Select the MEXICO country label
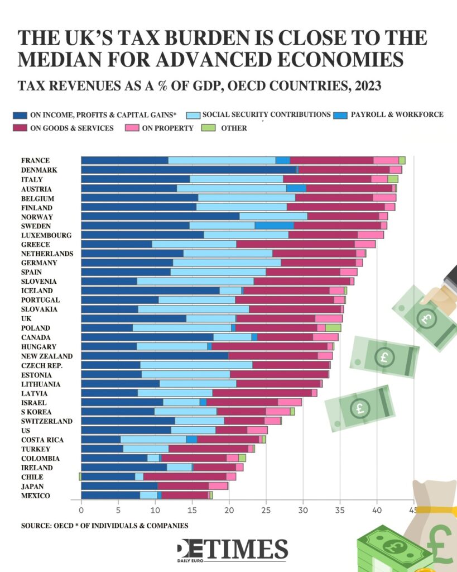tap(35, 496)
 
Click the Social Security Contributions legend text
tap(266, 115)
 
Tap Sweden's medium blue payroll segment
tap(275, 225)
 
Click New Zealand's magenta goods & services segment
tap(273, 356)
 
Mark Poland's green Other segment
tap(333, 328)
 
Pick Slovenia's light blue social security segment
tap(195, 281)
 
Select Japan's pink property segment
tap(218, 486)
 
